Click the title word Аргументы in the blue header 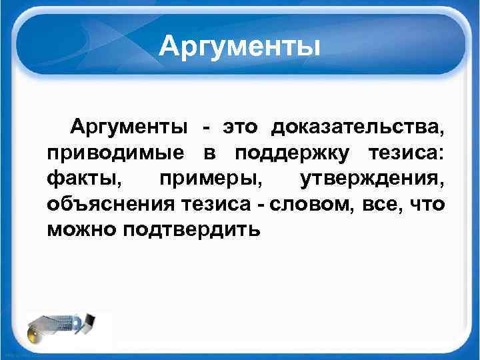click(x=240, y=46)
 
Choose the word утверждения click(x=371, y=179)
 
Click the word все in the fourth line click(x=384, y=204)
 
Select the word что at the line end click(x=427, y=204)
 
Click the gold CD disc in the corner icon click(x=35, y=333)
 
